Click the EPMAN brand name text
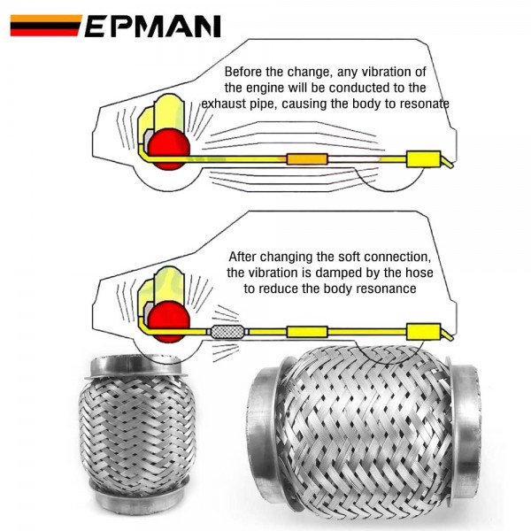coord(152,26)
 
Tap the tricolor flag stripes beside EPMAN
coord(45,26)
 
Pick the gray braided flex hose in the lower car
coord(228,333)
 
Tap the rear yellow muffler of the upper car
coord(423,161)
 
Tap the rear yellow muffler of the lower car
coord(423,333)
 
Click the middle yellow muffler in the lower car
coord(306,333)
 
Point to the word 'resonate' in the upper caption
coord(423,104)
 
